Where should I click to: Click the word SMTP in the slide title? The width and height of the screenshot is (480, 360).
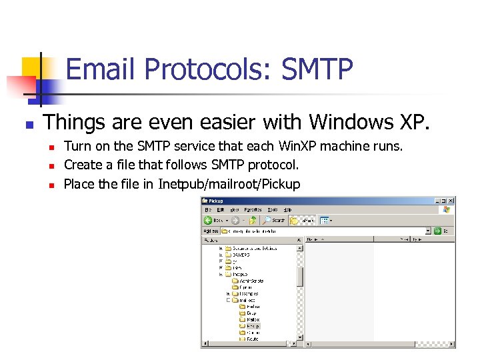click(317, 69)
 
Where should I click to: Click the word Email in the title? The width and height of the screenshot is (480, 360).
click(102, 69)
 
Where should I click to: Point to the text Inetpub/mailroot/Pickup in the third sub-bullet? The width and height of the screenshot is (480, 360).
click(229, 184)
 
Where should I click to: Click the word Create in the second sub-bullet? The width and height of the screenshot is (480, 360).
click(83, 165)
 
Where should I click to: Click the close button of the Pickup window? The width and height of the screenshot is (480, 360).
click(451, 200)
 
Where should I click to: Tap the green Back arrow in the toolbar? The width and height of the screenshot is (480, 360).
click(208, 220)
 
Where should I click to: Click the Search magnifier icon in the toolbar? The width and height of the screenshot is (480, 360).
click(267, 220)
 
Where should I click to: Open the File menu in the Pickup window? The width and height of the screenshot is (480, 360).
click(209, 209)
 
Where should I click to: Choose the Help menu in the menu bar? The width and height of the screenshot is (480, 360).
click(287, 209)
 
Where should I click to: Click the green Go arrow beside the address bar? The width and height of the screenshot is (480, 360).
click(437, 231)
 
